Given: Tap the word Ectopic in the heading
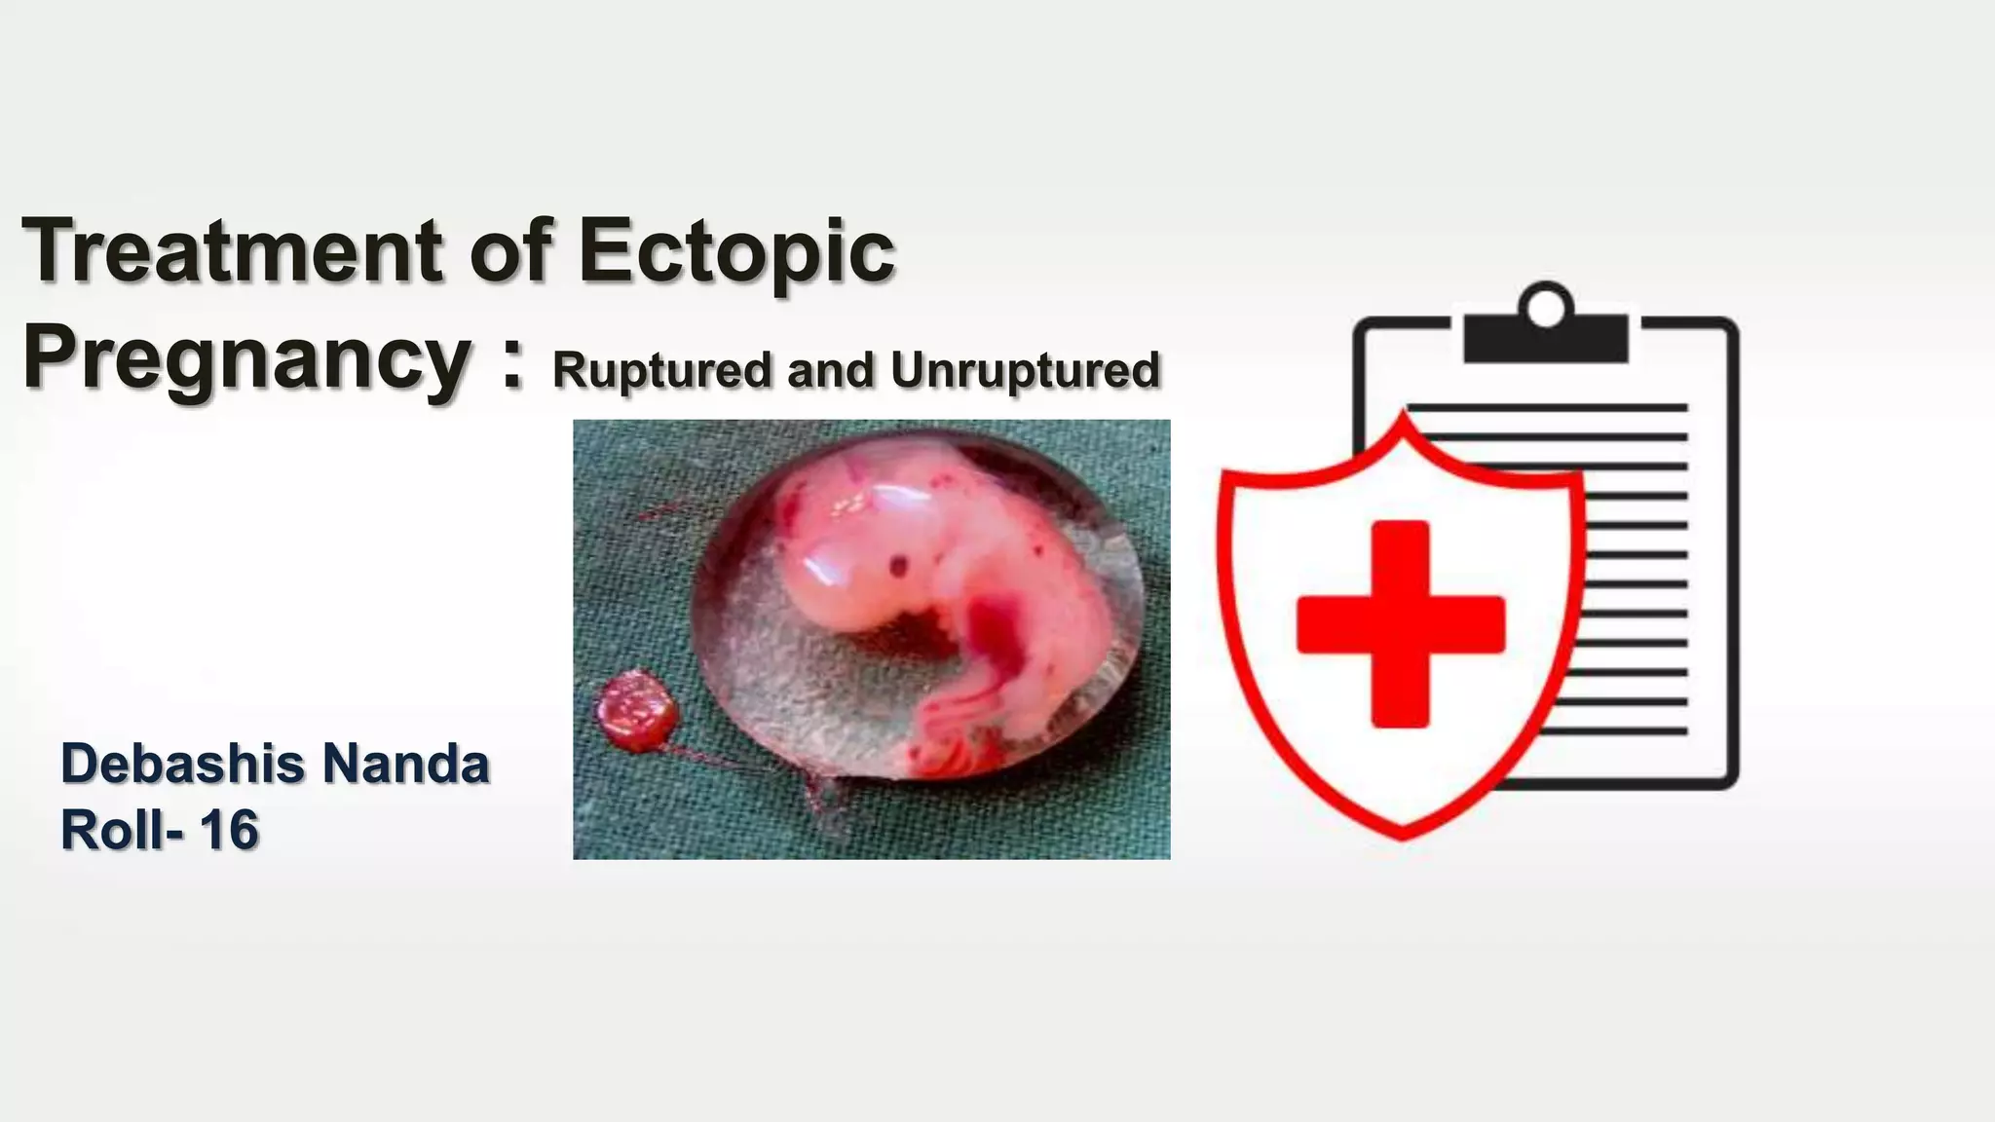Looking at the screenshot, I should tap(736, 250).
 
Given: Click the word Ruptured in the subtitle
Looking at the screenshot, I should tap(660, 370).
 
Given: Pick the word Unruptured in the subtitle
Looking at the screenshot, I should tap(1025, 370).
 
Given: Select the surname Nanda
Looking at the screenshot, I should tap(405, 764).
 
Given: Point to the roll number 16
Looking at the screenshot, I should tap(230, 830).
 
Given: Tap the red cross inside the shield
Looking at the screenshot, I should tap(1401, 624).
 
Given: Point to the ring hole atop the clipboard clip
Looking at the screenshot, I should tap(1546, 307).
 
